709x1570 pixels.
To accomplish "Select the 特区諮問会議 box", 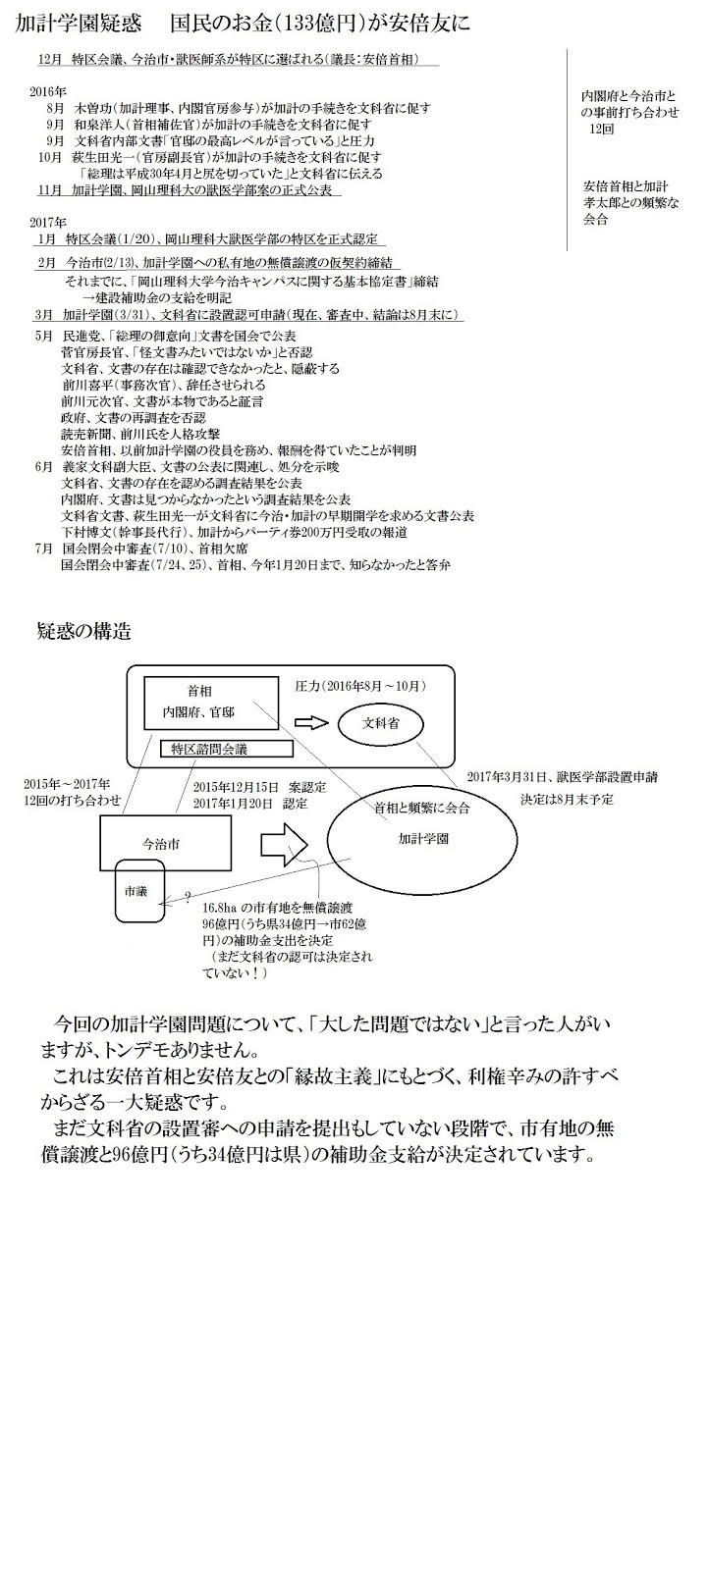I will coord(227,749).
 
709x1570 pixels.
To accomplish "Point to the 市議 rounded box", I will coord(136,892).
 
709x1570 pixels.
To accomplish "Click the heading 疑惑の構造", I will coord(82,631).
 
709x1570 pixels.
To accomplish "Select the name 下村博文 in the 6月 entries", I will coord(84,532).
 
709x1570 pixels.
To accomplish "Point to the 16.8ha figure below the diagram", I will coord(221,909).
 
